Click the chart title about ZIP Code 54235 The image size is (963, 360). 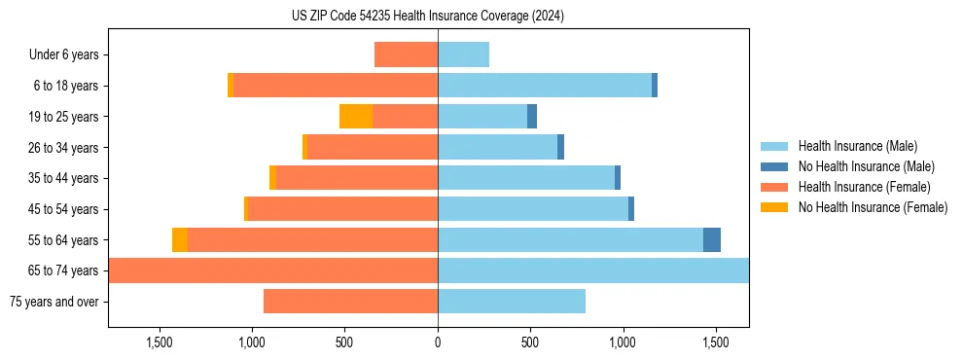click(427, 16)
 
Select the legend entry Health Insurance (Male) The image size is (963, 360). click(856, 146)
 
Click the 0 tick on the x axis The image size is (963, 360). click(438, 342)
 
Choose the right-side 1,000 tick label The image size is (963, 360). click(623, 342)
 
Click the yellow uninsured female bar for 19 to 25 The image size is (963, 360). click(356, 117)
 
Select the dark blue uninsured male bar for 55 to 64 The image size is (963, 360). click(712, 240)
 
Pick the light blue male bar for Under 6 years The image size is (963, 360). click(463, 55)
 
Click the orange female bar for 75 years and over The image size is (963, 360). click(350, 302)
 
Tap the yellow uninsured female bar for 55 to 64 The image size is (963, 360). click(180, 240)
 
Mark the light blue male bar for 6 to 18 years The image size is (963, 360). click(545, 86)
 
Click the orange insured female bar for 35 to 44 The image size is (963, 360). click(356, 178)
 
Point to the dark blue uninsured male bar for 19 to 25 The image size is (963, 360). click(532, 117)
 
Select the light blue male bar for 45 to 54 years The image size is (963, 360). click(533, 209)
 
